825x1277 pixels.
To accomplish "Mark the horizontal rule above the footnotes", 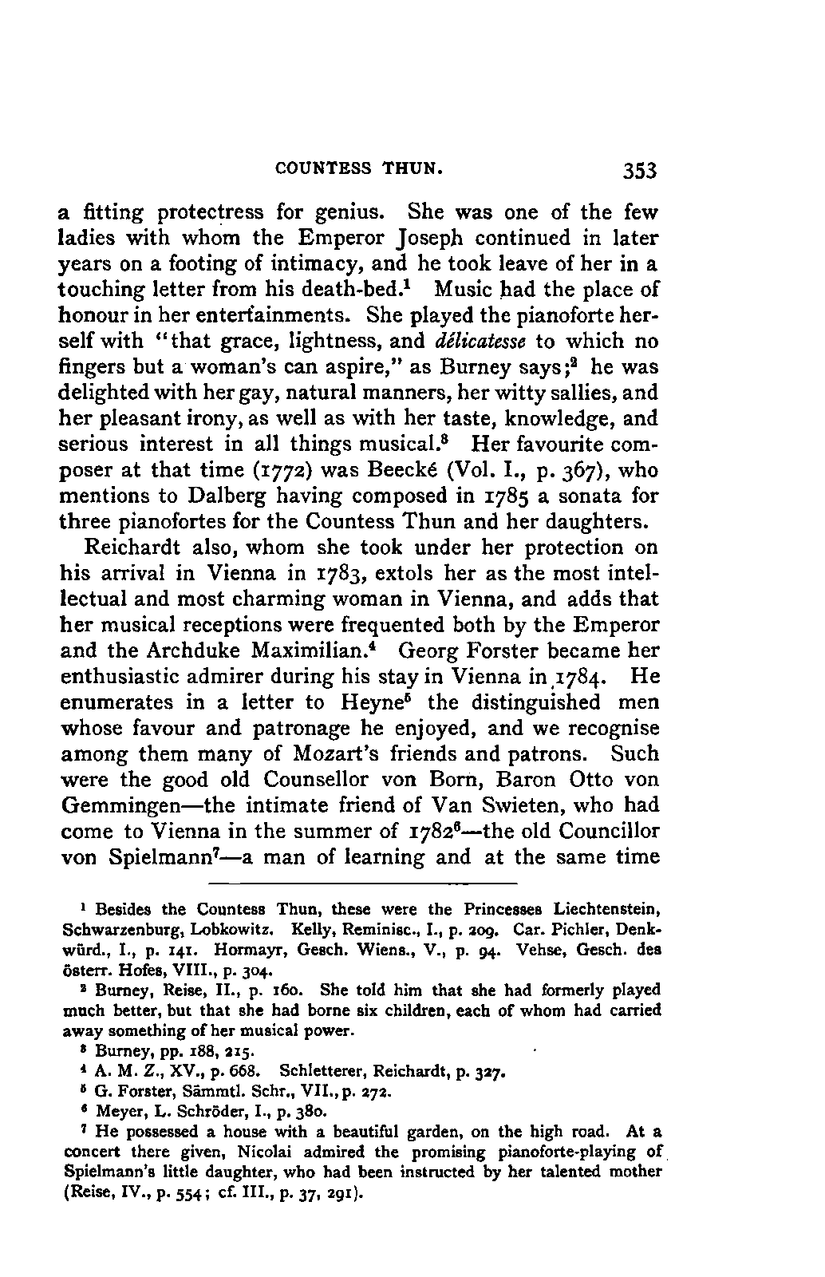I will coord(363,884).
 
